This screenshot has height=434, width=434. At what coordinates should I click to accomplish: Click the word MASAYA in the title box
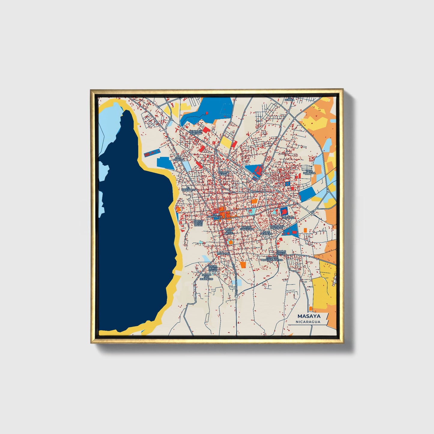309,316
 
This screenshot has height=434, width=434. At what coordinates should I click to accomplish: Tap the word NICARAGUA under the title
308,322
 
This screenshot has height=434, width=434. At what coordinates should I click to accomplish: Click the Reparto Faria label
224,173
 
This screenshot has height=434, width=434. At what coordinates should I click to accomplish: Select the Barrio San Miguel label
229,231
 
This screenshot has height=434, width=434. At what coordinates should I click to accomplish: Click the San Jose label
288,217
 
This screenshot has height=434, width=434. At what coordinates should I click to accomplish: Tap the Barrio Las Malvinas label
276,227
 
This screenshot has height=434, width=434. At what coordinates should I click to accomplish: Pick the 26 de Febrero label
266,233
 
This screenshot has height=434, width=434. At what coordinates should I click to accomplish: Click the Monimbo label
223,253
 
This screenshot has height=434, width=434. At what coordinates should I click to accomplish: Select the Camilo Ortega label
281,252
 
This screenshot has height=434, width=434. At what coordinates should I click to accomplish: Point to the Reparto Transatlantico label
272,259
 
